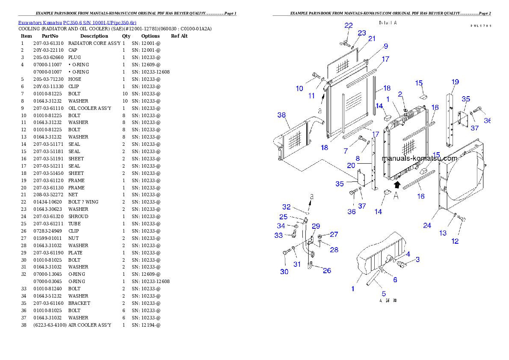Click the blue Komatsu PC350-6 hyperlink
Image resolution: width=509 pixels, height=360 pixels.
77,23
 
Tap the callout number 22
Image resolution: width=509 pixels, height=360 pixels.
349,26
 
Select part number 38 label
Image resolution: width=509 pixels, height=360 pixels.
281,115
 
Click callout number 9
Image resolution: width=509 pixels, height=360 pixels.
385,46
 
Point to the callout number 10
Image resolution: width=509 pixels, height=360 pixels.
299,89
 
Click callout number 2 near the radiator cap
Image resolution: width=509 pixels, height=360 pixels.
400,94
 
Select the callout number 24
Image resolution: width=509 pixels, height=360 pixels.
427,225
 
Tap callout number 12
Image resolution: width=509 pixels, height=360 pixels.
455,241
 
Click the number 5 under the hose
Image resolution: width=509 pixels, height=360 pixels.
384,294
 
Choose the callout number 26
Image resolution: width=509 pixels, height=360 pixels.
327,271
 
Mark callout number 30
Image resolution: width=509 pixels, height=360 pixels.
284,272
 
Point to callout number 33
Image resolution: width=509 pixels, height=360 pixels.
278,235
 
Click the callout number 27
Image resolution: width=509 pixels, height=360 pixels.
334,234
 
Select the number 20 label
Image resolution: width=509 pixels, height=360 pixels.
351,165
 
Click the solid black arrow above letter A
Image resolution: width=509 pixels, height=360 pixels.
397,185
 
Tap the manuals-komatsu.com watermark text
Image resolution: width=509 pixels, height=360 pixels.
419,158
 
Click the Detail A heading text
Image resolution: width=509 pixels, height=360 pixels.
388,23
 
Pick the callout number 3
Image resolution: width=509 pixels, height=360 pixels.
417,259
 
